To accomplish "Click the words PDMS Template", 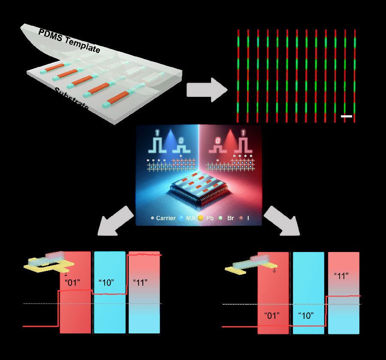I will click(x=69, y=41).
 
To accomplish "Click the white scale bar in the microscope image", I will click(x=347, y=116).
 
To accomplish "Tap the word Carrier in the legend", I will click(x=166, y=218).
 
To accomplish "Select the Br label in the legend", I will click(x=227, y=218).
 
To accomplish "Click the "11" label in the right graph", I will click(x=341, y=276).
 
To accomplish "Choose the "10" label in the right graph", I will click(x=306, y=316).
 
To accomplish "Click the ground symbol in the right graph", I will click(x=274, y=271).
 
